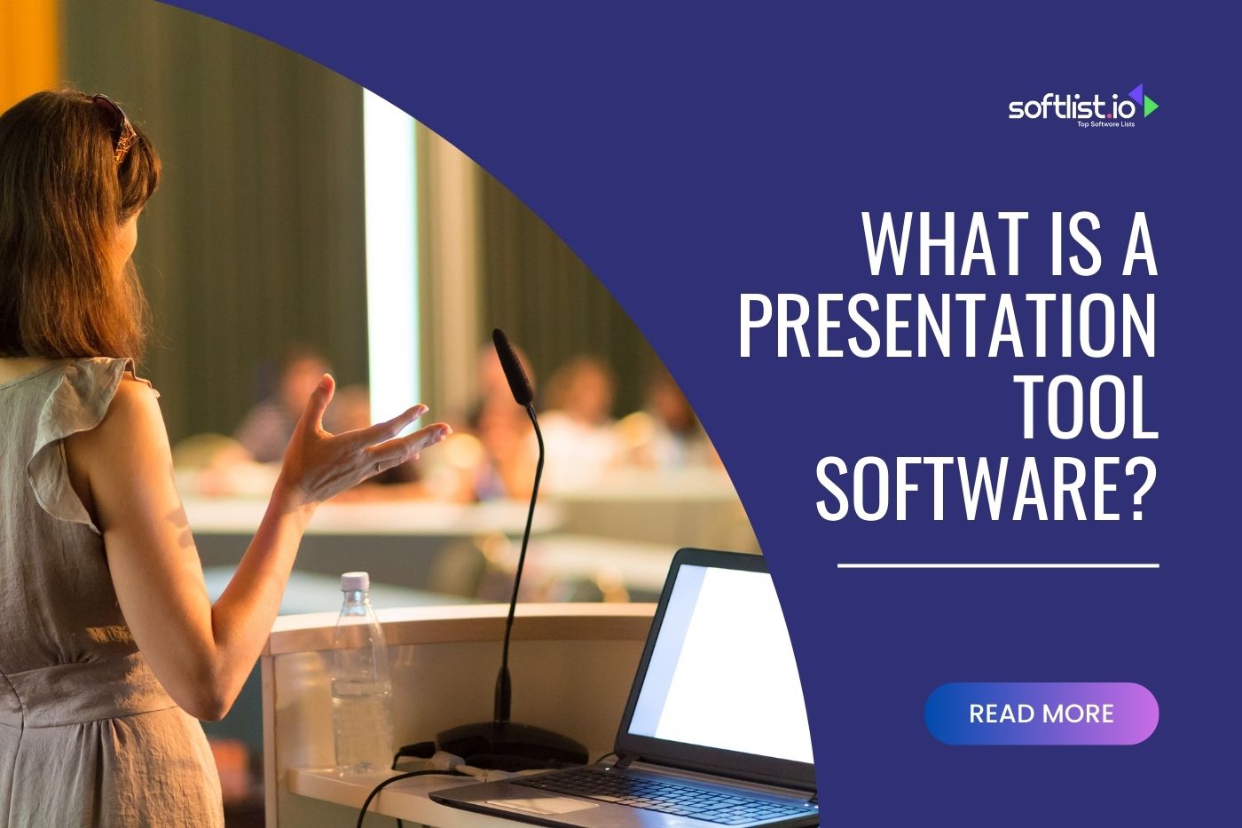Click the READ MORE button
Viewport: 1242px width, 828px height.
point(1041,714)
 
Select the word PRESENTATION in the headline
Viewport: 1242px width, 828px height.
point(947,326)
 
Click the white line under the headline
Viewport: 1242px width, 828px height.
point(998,564)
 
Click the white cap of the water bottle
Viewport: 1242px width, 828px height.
point(355,580)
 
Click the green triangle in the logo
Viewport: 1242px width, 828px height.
point(1151,106)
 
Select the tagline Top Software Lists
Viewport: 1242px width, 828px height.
point(1105,124)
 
